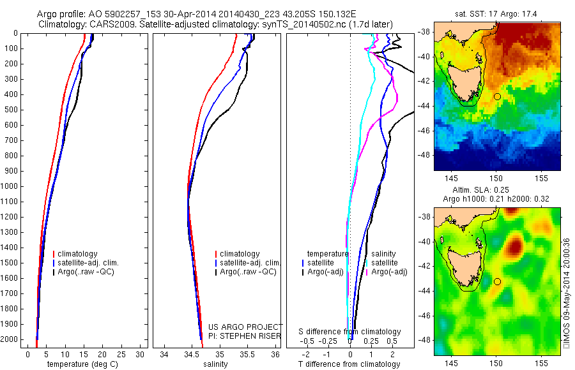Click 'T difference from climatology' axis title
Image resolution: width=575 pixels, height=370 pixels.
tap(349, 364)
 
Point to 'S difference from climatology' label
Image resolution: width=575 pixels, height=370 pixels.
tap(349, 332)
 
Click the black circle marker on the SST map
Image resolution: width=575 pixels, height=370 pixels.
tap(497, 96)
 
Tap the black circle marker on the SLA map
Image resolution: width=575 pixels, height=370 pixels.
tap(497, 281)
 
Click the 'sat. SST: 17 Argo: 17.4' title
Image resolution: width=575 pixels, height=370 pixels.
tap(497, 12)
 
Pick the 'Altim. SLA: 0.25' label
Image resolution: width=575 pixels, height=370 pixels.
tap(497, 190)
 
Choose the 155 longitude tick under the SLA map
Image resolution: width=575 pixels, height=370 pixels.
tap(540, 362)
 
